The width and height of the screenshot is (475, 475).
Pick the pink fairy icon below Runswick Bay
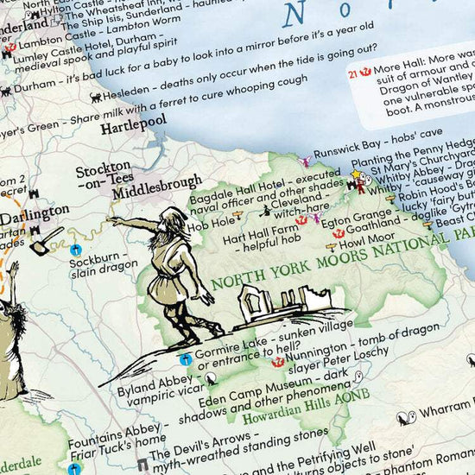[x=304, y=161]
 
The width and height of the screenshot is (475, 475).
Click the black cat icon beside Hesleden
[x=97, y=98]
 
